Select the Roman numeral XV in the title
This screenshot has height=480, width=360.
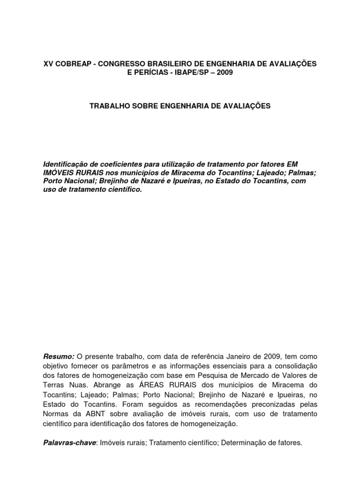[x=48, y=63]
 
